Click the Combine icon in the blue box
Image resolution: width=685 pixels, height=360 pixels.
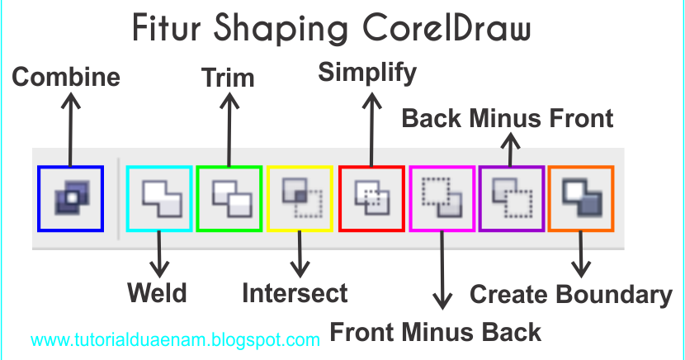(70, 199)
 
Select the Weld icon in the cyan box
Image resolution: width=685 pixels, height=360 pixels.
(159, 199)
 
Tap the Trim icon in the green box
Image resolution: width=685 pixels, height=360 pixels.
(229, 199)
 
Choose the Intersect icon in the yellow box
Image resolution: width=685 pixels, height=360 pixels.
(299, 199)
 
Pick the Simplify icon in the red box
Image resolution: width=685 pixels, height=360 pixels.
(371, 199)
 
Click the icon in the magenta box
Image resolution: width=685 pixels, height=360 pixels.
(442, 199)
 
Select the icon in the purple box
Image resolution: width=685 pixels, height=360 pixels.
(511, 199)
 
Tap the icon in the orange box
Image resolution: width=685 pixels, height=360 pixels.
(580, 199)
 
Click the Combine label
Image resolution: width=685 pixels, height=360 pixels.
(66, 78)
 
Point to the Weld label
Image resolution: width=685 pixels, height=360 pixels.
(157, 292)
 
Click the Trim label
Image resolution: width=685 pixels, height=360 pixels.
(229, 78)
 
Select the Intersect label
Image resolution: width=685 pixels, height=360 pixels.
(295, 292)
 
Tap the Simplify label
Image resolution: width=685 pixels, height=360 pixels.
(368, 72)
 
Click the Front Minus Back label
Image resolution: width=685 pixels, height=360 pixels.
(435, 332)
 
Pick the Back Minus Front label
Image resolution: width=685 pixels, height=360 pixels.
(508, 118)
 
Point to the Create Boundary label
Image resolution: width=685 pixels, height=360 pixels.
(571, 294)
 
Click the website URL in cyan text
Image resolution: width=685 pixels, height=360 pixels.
(176, 339)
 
